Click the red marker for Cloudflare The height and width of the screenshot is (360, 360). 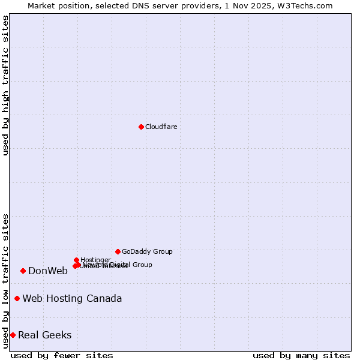(141, 127)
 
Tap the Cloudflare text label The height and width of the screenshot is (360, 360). (161, 127)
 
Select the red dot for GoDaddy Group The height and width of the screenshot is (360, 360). (118, 251)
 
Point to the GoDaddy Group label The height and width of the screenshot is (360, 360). (147, 251)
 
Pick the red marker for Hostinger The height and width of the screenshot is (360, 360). (76, 260)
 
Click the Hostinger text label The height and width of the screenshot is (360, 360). (95, 260)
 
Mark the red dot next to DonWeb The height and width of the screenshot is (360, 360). (23, 271)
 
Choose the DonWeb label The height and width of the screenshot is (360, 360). (48, 271)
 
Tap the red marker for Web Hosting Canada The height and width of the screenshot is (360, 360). (17, 298)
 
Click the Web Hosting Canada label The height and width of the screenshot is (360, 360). (72, 298)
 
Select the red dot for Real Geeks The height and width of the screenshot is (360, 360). (13, 335)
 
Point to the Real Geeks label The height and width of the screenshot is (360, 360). (45, 335)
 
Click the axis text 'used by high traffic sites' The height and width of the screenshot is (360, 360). (5, 85)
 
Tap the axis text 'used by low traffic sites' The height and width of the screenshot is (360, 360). (5, 280)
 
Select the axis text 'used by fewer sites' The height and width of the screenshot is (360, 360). (62, 355)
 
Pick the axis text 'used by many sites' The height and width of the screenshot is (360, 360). (301, 355)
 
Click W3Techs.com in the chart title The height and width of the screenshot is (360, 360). (308, 5)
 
